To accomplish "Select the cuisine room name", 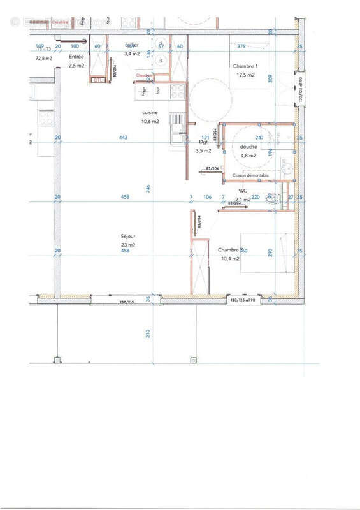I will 150,113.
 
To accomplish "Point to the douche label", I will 248,147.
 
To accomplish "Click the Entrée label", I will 76,57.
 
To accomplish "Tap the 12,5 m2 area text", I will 245,75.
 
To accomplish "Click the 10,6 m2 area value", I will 150,121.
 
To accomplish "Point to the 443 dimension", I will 124,138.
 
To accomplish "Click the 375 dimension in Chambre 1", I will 241,47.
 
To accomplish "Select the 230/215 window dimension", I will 127,301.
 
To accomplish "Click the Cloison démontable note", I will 250,175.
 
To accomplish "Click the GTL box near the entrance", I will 97,80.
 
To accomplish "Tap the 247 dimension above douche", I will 259,138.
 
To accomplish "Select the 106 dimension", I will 206,197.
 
